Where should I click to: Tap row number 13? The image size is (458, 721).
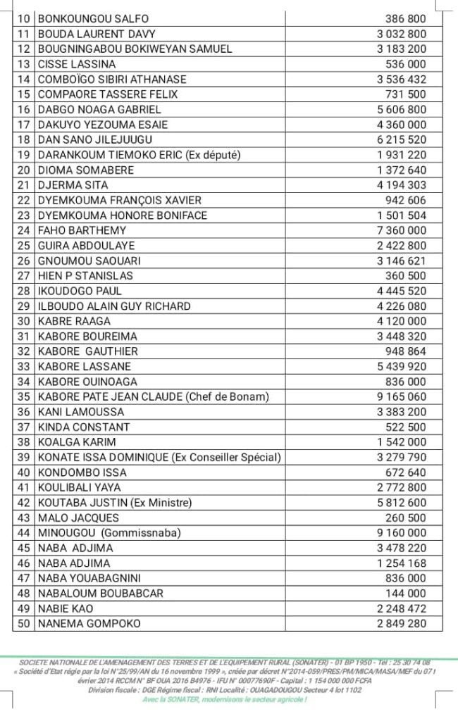(24, 64)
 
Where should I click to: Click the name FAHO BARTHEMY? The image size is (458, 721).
(82, 230)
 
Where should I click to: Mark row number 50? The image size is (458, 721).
(24, 624)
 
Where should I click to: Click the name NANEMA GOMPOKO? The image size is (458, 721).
(89, 624)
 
